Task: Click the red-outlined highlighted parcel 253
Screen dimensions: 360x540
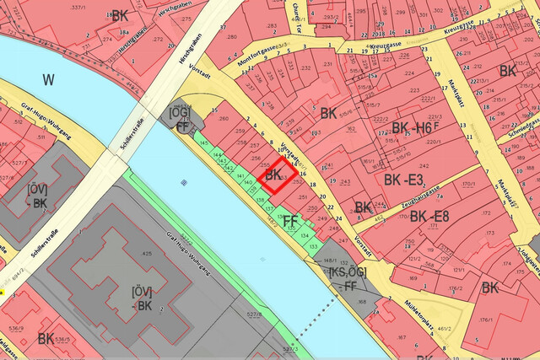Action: tap(279, 175)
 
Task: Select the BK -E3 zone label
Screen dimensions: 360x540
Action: tap(403, 180)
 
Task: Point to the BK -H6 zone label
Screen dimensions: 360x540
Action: tap(412, 128)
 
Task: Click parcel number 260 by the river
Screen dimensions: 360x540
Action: tap(223, 118)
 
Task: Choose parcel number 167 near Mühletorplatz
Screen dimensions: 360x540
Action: tap(402, 337)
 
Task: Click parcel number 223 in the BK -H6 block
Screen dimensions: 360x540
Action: tap(413, 91)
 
